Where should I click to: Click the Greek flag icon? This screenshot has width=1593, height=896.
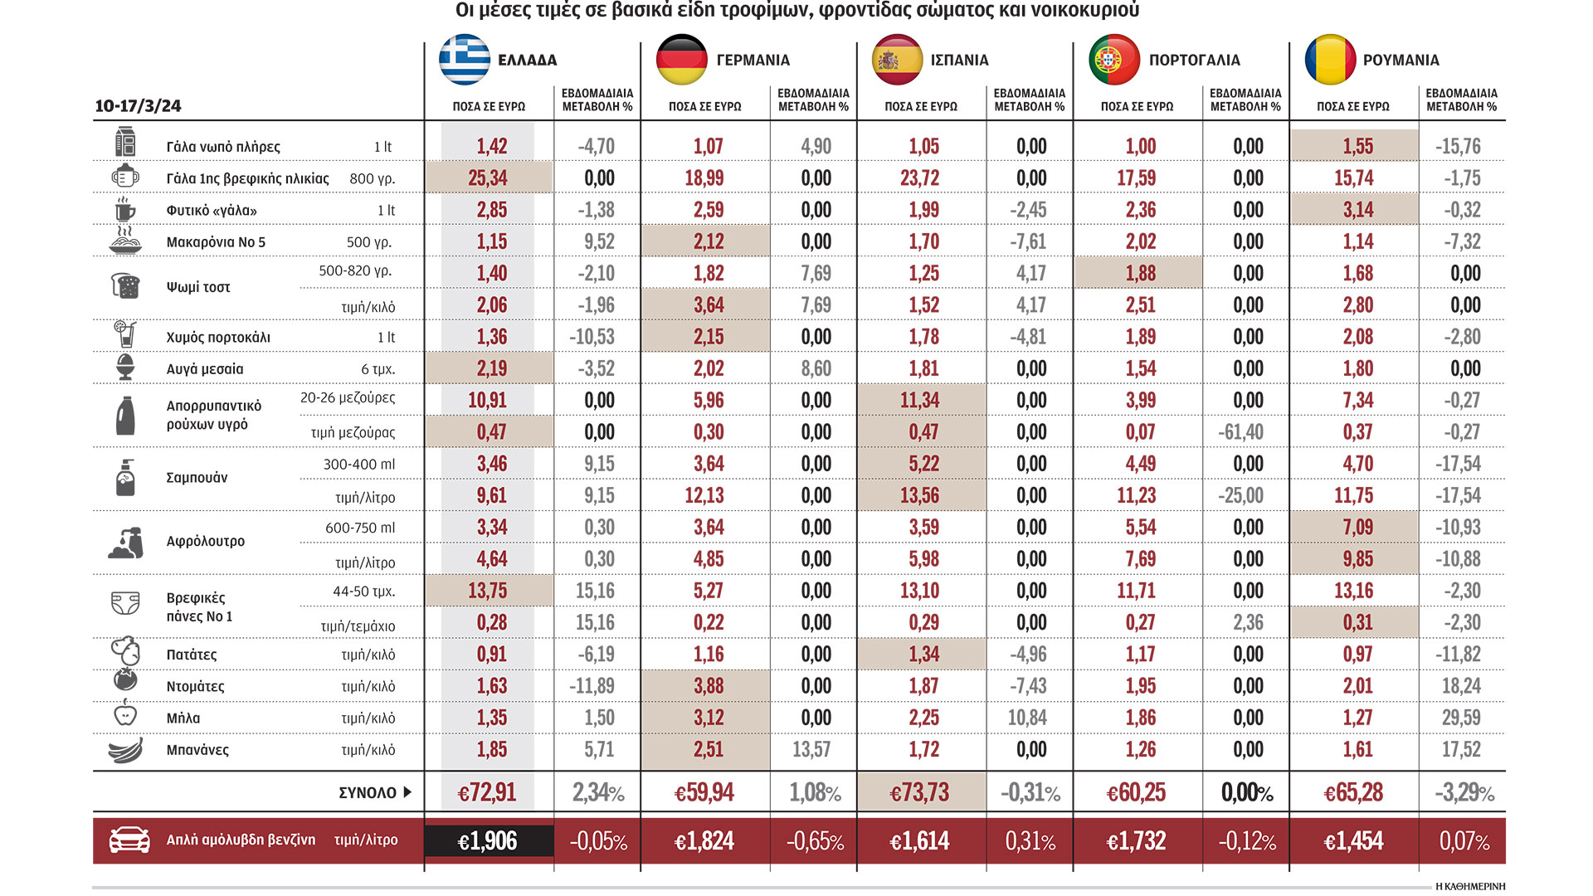coord(464,60)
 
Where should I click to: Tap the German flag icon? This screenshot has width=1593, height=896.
coord(681,60)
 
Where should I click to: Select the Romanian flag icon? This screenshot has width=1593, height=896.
coord(1330,60)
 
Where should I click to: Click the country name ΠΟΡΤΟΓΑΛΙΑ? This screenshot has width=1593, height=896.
coord(1194,61)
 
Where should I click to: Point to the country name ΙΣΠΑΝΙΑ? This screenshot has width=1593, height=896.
coord(959,61)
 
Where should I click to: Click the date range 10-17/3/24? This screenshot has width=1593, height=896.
coord(138,106)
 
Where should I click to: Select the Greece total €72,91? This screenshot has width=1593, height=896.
coord(487,793)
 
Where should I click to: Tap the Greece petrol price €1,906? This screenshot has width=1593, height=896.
coord(487,841)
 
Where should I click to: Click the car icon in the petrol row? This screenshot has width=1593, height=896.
coord(129,840)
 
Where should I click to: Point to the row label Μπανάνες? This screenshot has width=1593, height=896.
coord(197,750)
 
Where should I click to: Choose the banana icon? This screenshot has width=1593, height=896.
coord(125,750)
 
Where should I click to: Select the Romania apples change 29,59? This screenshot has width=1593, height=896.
coord(1461,718)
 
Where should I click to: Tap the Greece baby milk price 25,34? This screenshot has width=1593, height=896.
coord(487,178)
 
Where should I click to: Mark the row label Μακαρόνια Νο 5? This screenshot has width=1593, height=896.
coord(216,242)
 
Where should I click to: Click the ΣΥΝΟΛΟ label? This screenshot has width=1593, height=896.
coord(368,793)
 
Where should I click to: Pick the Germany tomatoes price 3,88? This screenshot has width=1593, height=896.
coord(709,686)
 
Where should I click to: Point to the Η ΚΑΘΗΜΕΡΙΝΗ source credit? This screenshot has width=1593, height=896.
coord(1469,886)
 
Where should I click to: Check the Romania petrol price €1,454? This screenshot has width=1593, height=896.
coord(1353,841)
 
